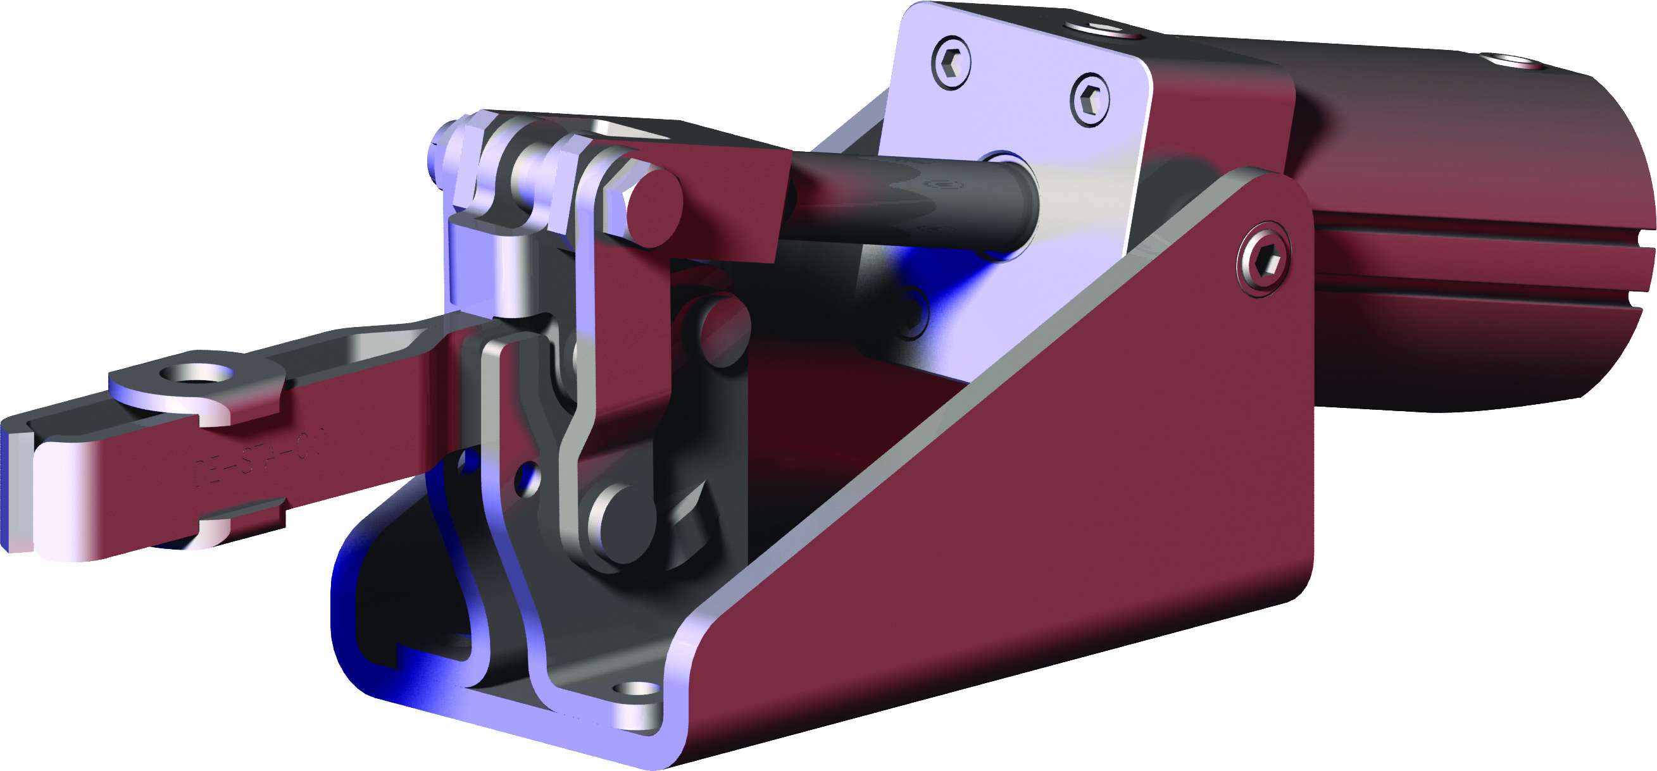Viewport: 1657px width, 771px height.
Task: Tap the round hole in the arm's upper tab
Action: (196, 374)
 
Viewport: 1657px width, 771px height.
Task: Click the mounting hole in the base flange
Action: (637, 690)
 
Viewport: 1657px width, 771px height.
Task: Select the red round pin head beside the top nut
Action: (654, 206)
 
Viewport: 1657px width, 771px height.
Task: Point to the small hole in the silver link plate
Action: (528, 476)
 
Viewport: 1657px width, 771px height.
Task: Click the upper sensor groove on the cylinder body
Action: (1480, 228)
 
